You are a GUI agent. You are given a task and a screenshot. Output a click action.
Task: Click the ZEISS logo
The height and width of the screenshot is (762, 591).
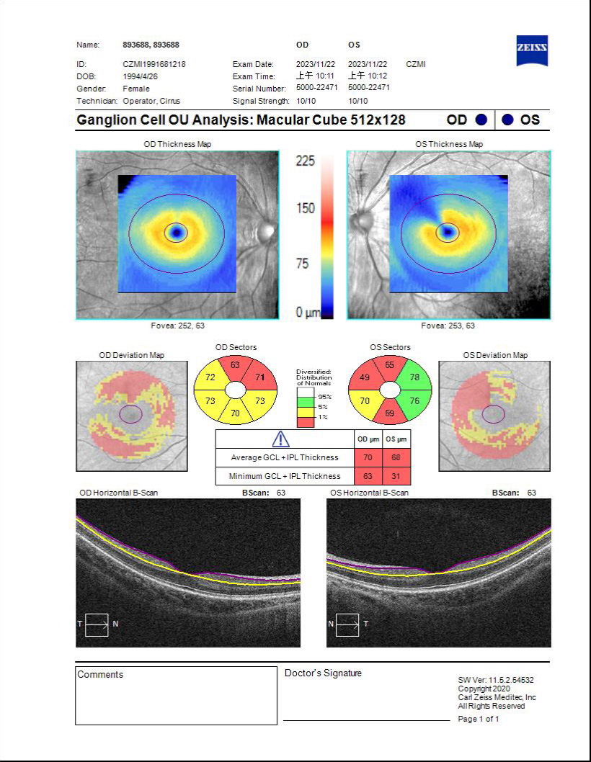tap(532, 49)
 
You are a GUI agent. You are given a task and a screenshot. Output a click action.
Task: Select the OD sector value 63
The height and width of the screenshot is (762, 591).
tap(235, 365)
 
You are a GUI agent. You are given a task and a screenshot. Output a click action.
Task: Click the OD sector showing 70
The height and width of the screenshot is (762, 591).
tap(235, 413)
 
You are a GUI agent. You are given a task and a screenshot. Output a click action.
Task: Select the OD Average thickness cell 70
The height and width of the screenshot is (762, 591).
tap(368, 457)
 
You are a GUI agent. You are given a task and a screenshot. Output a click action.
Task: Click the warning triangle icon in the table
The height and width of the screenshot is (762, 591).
tap(280, 439)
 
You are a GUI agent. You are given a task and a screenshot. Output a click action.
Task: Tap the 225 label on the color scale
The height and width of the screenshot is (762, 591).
tap(306, 161)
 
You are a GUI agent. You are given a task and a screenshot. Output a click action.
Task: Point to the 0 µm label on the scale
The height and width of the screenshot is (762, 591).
tap(306, 313)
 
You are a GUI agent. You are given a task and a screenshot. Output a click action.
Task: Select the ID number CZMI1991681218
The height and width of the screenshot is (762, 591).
tap(154, 64)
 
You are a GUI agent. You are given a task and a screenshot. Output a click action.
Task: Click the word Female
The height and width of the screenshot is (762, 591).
tap(136, 89)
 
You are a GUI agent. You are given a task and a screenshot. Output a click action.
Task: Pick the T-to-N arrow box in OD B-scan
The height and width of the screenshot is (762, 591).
tap(96, 624)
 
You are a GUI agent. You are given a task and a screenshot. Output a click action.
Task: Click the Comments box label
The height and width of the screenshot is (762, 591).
tap(100, 675)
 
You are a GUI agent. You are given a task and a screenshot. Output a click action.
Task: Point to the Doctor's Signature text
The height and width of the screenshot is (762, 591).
tap(323, 673)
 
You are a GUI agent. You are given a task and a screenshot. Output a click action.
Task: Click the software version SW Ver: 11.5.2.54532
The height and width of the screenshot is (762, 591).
tap(496, 680)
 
